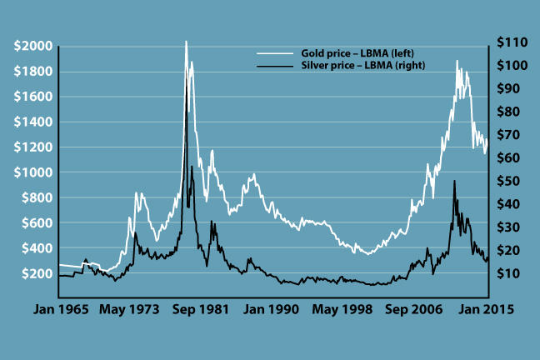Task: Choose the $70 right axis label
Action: pyautogui.click(x=507, y=135)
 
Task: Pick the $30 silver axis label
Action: pyautogui.click(x=507, y=227)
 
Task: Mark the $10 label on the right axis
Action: pyautogui.click(x=507, y=273)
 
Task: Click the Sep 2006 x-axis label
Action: pyautogui.click(x=413, y=308)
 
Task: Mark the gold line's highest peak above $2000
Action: pyautogui.click(x=186, y=41)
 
